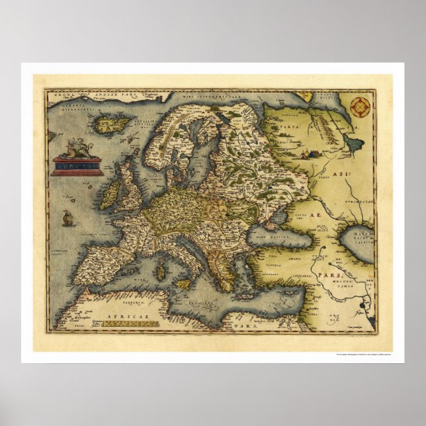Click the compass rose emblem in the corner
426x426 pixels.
point(361,105)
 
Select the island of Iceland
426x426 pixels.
point(106,122)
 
